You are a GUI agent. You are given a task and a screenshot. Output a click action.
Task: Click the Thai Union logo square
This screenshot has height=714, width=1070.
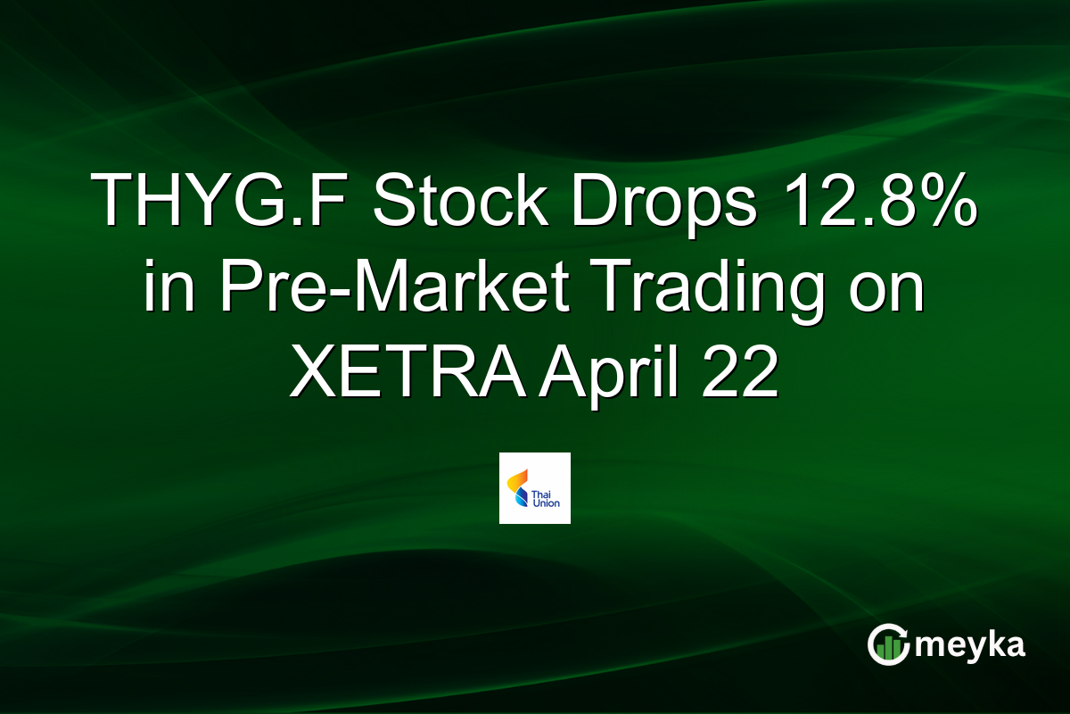pos(535,487)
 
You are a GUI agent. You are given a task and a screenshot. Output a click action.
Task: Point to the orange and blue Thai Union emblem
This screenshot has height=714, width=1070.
pos(516,487)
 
